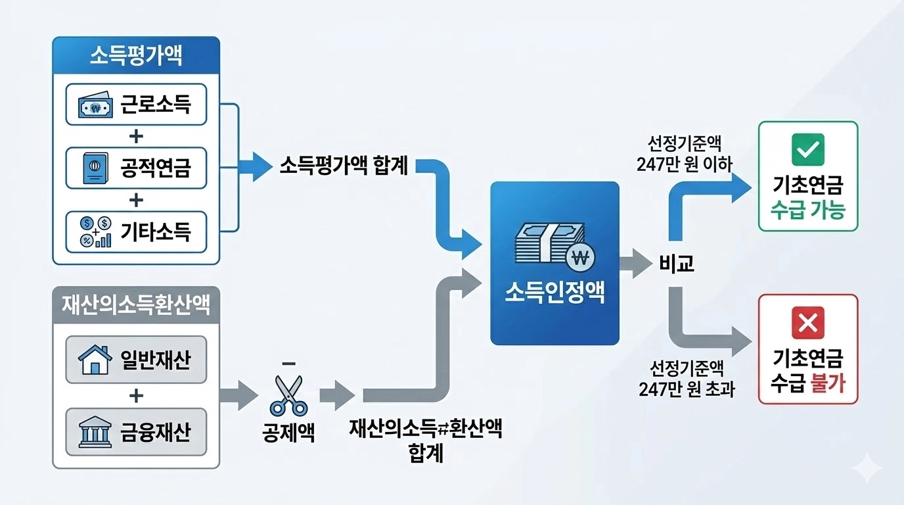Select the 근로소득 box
coord(136,104)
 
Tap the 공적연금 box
coord(136,168)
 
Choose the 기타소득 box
coord(136,231)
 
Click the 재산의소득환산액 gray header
coord(136,305)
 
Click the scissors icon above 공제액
coord(288,395)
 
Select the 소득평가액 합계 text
coord(344,166)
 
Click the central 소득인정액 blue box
coord(554,263)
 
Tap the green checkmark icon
coord(807,149)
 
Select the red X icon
coord(807,322)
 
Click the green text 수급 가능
coord(807,210)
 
